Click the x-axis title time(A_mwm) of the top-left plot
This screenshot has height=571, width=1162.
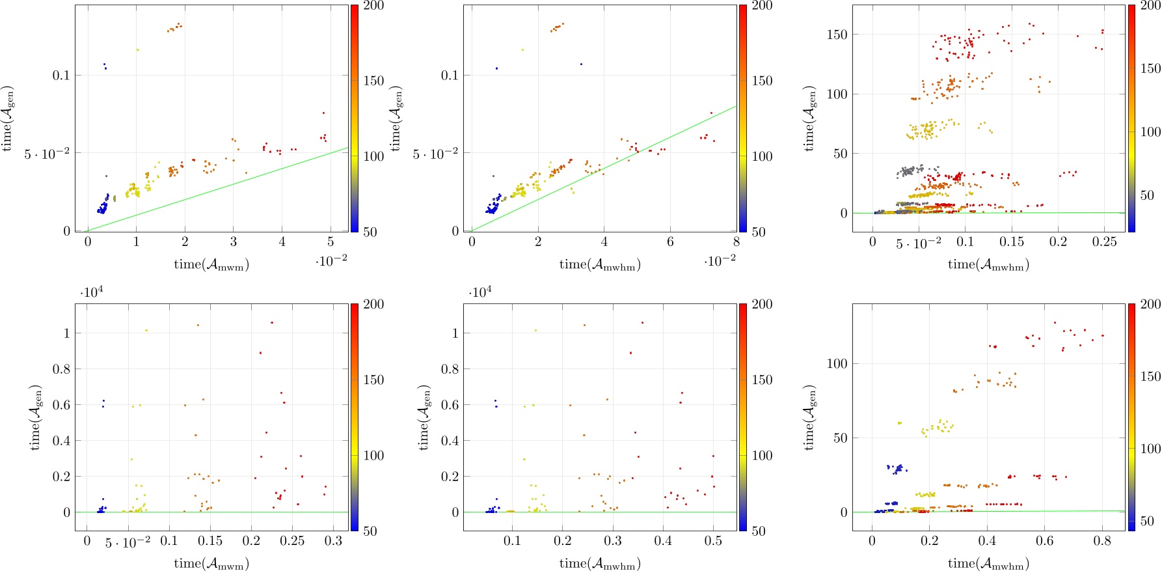tap(211, 264)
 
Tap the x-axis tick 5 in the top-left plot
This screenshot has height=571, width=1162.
tap(331, 242)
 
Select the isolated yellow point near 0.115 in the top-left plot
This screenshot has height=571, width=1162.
tap(137, 49)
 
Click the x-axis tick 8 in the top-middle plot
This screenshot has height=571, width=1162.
tap(736, 242)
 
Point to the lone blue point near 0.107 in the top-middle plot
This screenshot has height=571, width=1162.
tap(581, 64)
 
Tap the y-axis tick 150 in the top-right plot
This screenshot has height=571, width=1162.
tap(837, 35)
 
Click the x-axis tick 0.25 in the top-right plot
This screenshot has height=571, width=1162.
tap(1104, 242)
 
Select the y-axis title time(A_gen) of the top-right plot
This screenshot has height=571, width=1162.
tap(809, 118)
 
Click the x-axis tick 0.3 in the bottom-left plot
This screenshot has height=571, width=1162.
tap(333, 541)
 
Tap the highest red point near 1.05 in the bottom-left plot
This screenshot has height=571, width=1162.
tap(272, 322)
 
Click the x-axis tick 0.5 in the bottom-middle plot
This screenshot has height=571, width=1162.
tap(713, 541)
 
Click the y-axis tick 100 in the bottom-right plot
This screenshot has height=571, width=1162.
tap(837, 363)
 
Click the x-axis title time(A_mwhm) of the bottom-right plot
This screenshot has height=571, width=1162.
tap(988, 563)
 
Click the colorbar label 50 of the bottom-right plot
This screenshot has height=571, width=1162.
tap(1147, 520)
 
